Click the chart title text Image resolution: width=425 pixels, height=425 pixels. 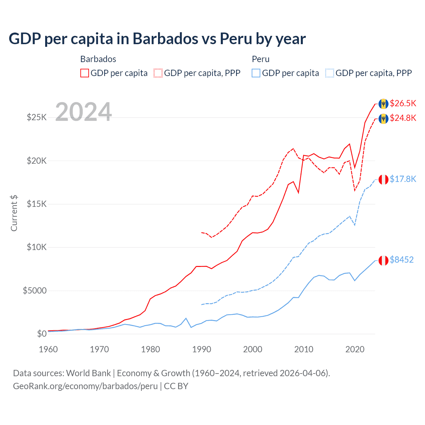coord(157,39)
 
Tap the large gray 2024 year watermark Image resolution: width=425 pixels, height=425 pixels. coord(84,112)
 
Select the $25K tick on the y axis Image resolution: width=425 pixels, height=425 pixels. coord(37,118)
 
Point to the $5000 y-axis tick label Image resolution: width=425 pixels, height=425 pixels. coord(35,291)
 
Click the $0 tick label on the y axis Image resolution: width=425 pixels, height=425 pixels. coord(42,334)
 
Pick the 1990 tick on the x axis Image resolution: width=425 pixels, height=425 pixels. coord(202,349)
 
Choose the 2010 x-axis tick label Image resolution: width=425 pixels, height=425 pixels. coord(304,349)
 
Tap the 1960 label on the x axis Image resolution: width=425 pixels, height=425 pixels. coord(48,349)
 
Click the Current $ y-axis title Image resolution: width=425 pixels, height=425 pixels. coord(14,213)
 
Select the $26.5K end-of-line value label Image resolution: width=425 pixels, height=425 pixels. coord(403,103)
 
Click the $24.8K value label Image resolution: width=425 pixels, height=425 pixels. coord(403,118)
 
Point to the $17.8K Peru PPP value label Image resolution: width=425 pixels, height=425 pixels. coord(403,179)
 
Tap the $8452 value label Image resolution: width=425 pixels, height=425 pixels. coord(401,260)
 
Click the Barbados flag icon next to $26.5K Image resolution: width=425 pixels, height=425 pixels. coord(383,104)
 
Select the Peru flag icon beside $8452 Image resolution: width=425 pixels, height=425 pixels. coord(383,260)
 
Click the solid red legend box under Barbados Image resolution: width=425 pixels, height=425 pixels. coord(85,73)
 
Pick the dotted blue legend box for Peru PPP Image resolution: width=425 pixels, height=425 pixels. coord(330,73)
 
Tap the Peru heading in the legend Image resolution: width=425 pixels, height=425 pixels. coord(261,59)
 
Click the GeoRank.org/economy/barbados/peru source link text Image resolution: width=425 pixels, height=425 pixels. coord(85,386)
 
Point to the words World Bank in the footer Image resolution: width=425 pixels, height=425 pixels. coord(88,373)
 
